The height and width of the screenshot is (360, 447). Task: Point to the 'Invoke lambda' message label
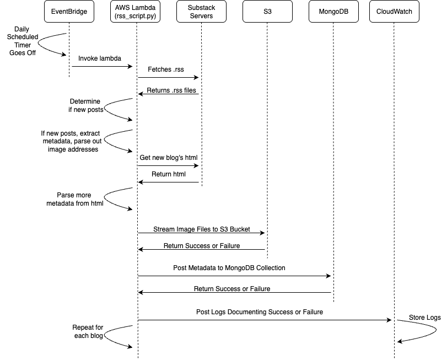coord(100,58)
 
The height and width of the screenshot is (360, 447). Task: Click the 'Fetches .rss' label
coord(165,69)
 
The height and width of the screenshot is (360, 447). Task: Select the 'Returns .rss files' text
coord(171,90)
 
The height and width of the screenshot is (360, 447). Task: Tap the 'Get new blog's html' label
coord(168,158)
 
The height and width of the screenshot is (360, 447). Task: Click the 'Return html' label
coord(168,174)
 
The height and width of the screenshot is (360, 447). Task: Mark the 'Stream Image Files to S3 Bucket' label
coord(201,229)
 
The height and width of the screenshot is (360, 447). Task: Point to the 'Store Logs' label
coord(424,318)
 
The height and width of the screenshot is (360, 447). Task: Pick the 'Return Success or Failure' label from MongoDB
coord(231,288)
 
